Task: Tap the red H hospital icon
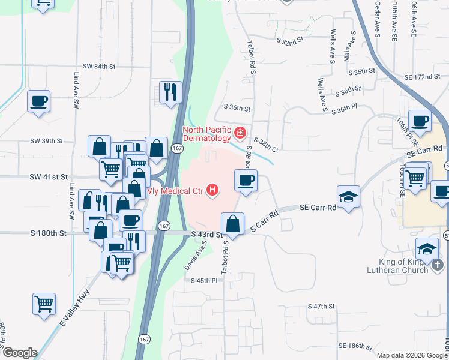pos(212,191)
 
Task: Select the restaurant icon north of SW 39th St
pos(170,91)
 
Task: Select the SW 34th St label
pos(98,66)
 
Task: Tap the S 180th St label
pos(49,233)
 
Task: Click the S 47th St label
pos(321,306)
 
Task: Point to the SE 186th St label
pos(356,346)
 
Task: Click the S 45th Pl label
pos(203,281)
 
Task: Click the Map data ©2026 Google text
pos(411,355)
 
